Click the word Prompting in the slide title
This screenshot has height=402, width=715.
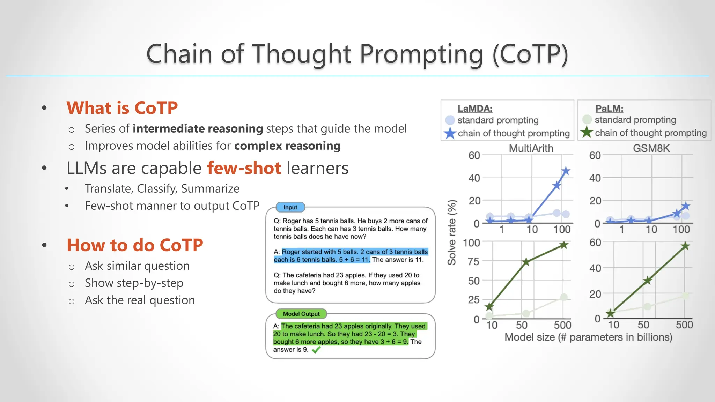(421, 54)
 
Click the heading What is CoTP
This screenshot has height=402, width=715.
(122, 107)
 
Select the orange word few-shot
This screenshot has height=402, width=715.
(244, 168)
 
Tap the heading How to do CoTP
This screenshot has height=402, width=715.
(135, 245)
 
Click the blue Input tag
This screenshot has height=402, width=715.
(290, 207)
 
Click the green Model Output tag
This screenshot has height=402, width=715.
(301, 314)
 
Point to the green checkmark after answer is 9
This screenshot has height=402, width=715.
(316, 350)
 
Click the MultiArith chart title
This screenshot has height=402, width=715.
(531, 148)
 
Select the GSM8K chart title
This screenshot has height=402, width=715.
(651, 148)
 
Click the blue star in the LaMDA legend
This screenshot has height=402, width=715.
(450, 133)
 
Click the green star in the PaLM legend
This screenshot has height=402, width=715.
(587, 133)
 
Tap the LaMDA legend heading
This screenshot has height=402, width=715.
(475, 109)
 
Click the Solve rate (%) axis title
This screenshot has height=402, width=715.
(452, 232)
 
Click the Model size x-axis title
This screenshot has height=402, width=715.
(588, 337)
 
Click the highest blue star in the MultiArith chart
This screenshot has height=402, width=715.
(566, 171)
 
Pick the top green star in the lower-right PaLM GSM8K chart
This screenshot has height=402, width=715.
(685, 246)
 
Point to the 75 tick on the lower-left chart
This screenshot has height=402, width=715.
(473, 261)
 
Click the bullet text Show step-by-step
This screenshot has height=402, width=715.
(134, 283)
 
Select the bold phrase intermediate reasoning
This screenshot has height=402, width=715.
(198, 129)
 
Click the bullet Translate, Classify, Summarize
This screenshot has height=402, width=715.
(162, 189)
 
